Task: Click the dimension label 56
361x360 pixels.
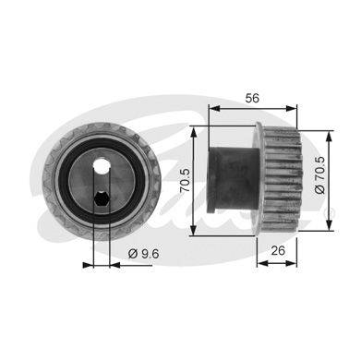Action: click(x=252, y=98)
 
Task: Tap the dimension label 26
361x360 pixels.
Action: click(x=278, y=250)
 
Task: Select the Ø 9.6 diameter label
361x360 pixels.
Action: click(x=143, y=254)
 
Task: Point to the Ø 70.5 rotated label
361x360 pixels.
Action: click(x=319, y=174)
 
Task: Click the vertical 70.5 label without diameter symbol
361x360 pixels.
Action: click(x=186, y=181)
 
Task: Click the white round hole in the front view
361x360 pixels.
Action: click(x=102, y=166)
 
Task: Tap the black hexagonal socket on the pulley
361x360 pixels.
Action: click(x=101, y=199)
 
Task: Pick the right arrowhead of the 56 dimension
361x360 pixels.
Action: click(x=292, y=108)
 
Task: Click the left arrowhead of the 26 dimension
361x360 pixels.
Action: click(x=262, y=263)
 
